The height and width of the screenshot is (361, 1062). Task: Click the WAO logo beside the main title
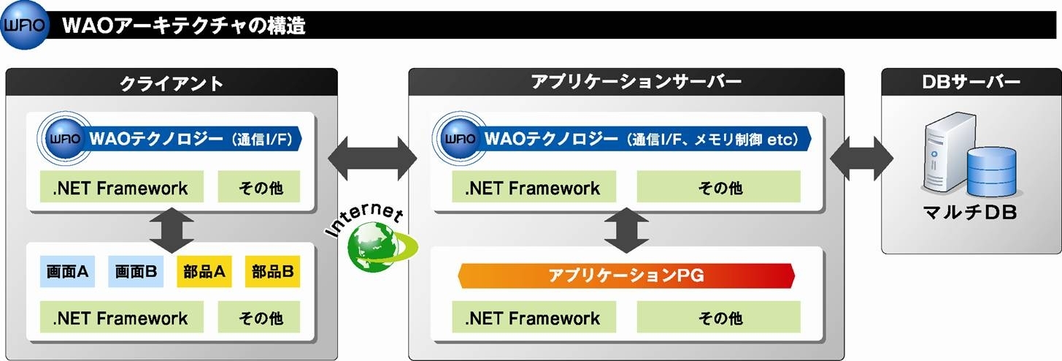(25, 25)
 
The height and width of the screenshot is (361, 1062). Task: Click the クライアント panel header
(172, 83)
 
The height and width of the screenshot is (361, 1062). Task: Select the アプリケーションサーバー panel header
(626, 82)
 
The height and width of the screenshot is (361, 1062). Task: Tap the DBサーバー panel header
(971, 82)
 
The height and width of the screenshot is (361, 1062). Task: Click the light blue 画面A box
(67, 271)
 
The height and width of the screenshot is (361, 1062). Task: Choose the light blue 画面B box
(136, 271)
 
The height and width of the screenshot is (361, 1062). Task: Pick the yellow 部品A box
(204, 271)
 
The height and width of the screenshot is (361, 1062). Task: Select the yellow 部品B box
(272, 271)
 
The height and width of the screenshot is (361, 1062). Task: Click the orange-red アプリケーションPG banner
(626, 275)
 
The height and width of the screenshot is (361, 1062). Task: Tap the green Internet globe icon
(381, 247)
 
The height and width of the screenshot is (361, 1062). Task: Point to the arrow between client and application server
(373, 159)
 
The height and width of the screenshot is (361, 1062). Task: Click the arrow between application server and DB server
(861, 159)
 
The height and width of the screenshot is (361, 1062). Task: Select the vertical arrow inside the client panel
(172, 230)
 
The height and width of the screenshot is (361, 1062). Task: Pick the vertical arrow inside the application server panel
(626, 230)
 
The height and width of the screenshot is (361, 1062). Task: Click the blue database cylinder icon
(991, 171)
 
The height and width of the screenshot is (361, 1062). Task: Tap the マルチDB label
(970, 212)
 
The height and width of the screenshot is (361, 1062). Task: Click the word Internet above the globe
(364, 218)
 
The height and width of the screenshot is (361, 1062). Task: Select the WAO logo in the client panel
(64, 139)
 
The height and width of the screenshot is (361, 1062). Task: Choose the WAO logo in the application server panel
(459, 139)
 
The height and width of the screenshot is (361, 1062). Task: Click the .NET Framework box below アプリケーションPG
(534, 317)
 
